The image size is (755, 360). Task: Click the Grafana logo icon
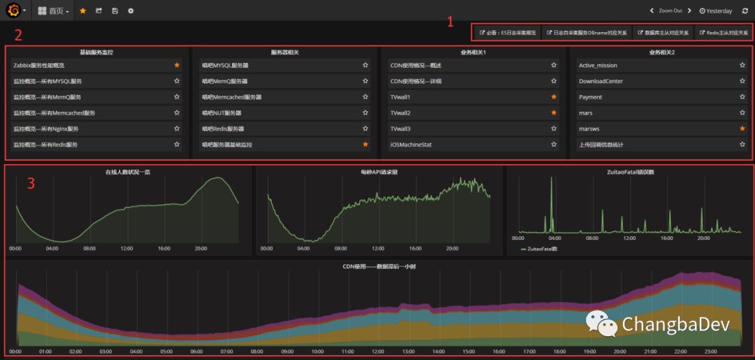[13, 10]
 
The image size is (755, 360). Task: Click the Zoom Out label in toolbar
[670, 11]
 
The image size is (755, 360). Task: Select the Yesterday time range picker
[716, 11]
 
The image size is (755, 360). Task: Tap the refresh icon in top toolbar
[745, 11]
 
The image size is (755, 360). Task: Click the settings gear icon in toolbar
[131, 11]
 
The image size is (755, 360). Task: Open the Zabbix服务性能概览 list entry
[39, 65]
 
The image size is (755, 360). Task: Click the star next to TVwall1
[554, 97]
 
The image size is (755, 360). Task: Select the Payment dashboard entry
[591, 97]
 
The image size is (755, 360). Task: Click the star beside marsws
[742, 129]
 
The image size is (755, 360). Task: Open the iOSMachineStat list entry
[411, 145]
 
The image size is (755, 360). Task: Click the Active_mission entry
[598, 65]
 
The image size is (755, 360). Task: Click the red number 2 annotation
[18, 34]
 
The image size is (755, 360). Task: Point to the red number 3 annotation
[30, 184]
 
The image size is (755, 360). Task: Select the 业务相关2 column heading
[661, 52]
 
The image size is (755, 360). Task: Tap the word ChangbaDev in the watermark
[675, 324]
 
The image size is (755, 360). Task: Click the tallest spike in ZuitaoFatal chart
[550, 180]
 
